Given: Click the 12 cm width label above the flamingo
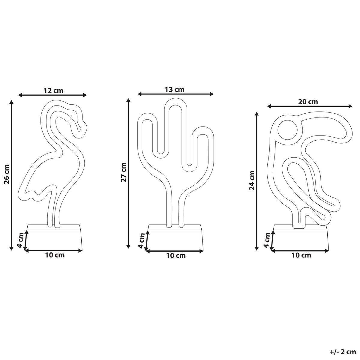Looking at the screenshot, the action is click(x=53, y=91).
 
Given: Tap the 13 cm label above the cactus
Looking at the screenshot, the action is click(x=174, y=90).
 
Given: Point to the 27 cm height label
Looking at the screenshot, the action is click(x=124, y=173).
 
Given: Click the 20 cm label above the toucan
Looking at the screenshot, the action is click(x=308, y=102).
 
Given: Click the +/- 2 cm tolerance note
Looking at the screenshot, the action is click(x=343, y=352).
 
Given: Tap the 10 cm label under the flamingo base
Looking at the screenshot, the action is click(x=55, y=255).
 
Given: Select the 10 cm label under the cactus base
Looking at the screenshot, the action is click(x=176, y=256).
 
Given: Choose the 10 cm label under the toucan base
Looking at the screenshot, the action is click(x=301, y=255).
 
